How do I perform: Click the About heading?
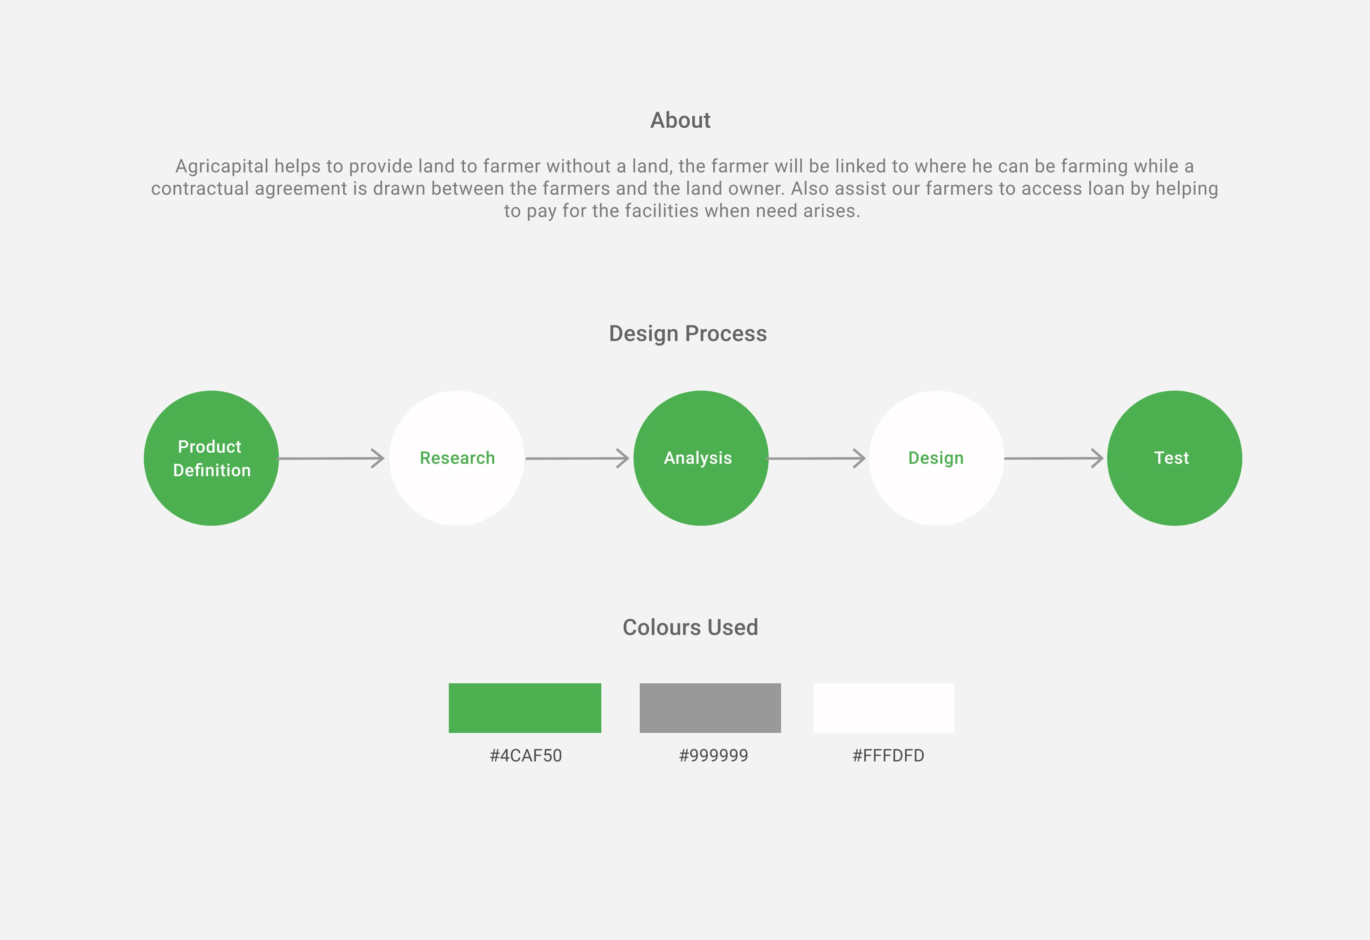[x=680, y=120]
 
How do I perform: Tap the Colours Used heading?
[x=690, y=627]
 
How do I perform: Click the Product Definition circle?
[x=211, y=458]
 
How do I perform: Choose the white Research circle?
[x=457, y=458]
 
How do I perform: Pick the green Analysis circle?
[x=701, y=458]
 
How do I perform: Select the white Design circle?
[x=937, y=458]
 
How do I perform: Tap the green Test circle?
[x=1174, y=458]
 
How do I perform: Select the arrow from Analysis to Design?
[x=817, y=458]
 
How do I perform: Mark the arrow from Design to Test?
[x=1054, y=458]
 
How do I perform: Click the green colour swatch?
[x=525, y=708]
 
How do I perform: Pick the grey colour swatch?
[x=710, y=708]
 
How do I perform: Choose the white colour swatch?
[x=884, y=708]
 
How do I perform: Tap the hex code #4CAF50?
[x=526, y=755]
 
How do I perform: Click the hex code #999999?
[x=713, y=755]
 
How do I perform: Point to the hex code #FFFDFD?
[x=889, y=755]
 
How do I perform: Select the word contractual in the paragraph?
[x=200, y=189]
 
